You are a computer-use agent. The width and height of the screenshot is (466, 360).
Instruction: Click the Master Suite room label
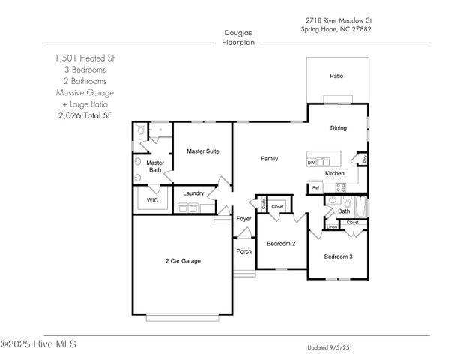pos(202,151)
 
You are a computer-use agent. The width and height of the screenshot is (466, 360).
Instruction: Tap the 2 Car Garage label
pos(183,261)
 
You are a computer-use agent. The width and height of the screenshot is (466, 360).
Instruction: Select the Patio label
pos(336,76)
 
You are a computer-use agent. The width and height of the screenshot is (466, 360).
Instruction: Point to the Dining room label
pos(338,128)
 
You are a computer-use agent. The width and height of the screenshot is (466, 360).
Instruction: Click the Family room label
pos(269,159)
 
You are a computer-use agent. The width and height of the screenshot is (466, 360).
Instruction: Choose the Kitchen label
pos(334,173)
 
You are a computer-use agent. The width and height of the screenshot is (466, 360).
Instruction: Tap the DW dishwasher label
pos(311,162)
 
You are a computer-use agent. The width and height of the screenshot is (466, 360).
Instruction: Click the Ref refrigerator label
pos(315,187)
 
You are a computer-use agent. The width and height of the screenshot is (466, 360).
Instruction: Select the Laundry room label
pos(193,193)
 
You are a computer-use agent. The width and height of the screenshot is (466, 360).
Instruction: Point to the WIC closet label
pos(152,200)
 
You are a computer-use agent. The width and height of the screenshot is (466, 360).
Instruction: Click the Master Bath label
pos(155,166)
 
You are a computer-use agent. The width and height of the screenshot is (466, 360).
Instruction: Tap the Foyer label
pos(244,219)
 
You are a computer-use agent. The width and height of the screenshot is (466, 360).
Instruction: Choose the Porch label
pos(244,251)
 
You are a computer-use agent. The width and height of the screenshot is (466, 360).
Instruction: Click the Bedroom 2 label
pos(281,244)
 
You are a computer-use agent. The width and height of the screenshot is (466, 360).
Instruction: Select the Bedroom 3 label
pos(338,256)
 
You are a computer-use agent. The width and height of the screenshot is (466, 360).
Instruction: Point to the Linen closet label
pos(331,226)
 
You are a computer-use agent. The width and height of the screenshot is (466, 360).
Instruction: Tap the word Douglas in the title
pos(237,32)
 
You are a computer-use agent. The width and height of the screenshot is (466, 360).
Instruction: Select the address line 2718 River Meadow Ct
pos(338,20)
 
